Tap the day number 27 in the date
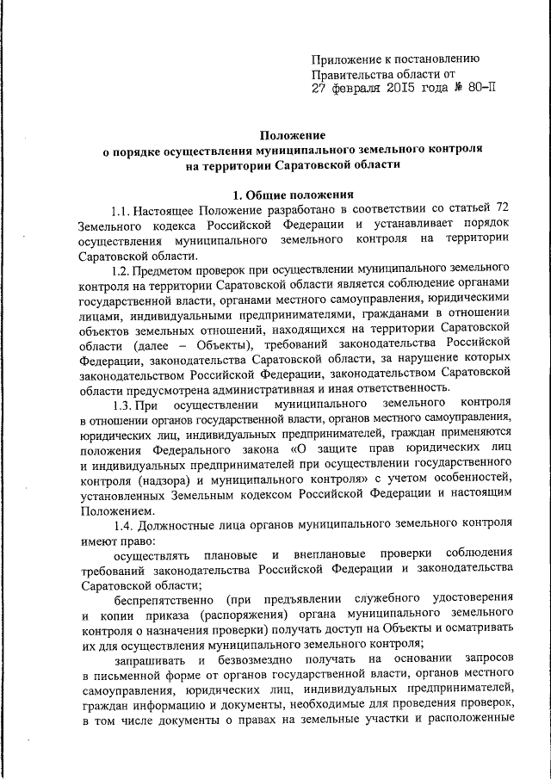point(320,87)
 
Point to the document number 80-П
point(479,87)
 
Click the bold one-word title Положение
point(293,135)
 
